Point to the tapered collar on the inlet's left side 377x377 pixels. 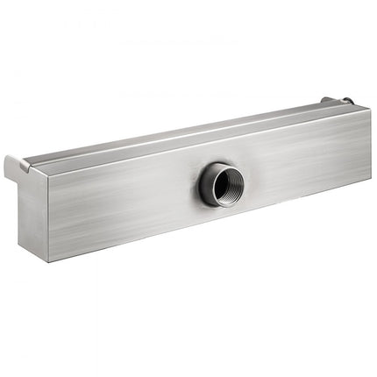point(204,183)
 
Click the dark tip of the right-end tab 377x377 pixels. point(348,101)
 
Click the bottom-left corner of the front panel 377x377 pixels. point(50,260)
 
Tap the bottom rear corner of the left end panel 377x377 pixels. point(18,238)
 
